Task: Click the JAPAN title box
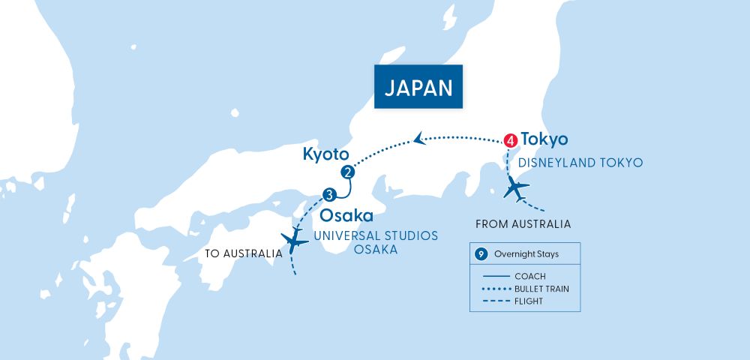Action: point(418,88)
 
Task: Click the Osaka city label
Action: point(346,216)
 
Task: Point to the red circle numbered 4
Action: point(511,139)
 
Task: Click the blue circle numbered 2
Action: point(347,172)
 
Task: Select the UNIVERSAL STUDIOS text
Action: point(375,235)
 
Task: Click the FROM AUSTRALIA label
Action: point(523,223)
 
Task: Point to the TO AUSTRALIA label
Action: point(243,253)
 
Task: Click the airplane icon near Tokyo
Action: point(516,189)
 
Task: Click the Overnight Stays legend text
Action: point(526,254)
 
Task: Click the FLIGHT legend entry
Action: point(529,301)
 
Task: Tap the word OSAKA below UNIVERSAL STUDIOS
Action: point(375,250)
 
